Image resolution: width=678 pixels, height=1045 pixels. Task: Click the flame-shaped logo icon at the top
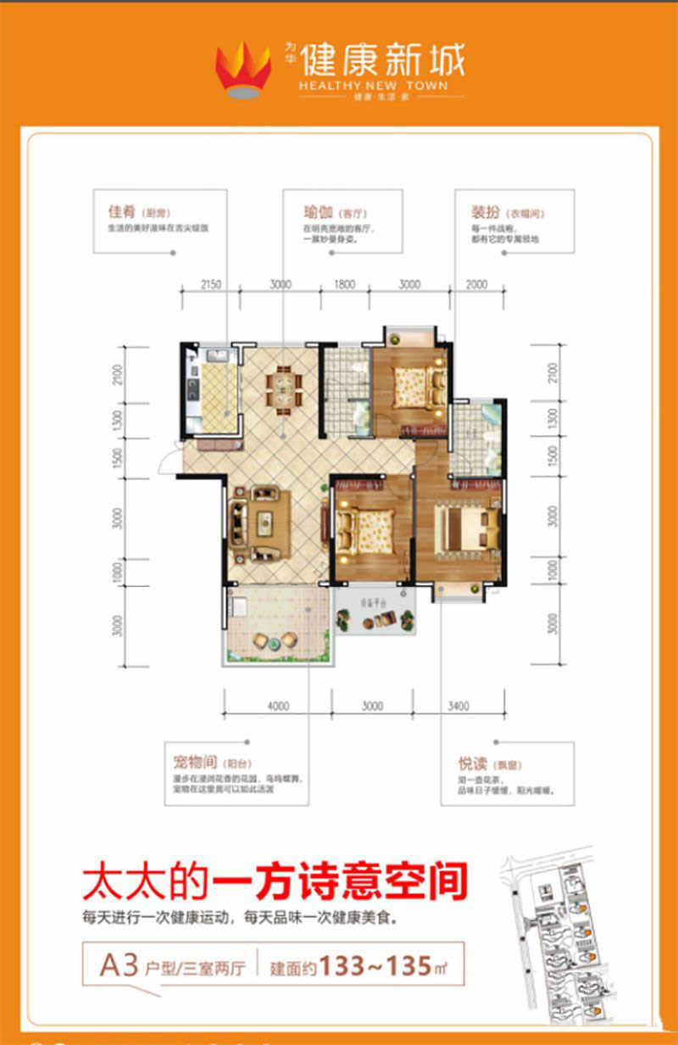(243, 70)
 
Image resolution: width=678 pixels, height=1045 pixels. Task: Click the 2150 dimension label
(211, 285)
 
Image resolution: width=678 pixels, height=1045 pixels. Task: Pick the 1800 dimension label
(344, 285)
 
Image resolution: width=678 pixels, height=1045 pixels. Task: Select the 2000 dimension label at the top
(478, 285)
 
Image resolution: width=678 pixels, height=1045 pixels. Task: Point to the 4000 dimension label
(277, 706)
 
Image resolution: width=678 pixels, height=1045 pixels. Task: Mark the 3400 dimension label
(460, 706)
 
